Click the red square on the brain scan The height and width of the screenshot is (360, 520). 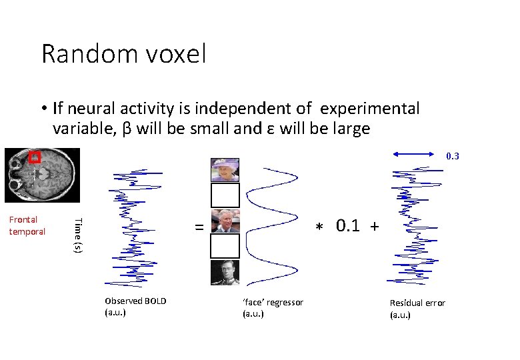35,158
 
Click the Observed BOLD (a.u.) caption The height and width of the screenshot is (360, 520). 135,306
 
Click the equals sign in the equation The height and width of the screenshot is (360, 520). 199,227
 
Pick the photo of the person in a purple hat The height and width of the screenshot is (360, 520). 225,170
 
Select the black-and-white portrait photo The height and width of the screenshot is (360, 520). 225,273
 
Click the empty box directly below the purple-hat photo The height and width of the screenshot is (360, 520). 225,195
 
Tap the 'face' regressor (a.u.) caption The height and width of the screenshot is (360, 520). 273,308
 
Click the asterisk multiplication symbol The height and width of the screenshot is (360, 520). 318,227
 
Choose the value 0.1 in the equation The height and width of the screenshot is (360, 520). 349,225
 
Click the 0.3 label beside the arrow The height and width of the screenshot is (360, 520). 452,157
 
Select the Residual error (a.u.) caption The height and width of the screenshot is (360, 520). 417,308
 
